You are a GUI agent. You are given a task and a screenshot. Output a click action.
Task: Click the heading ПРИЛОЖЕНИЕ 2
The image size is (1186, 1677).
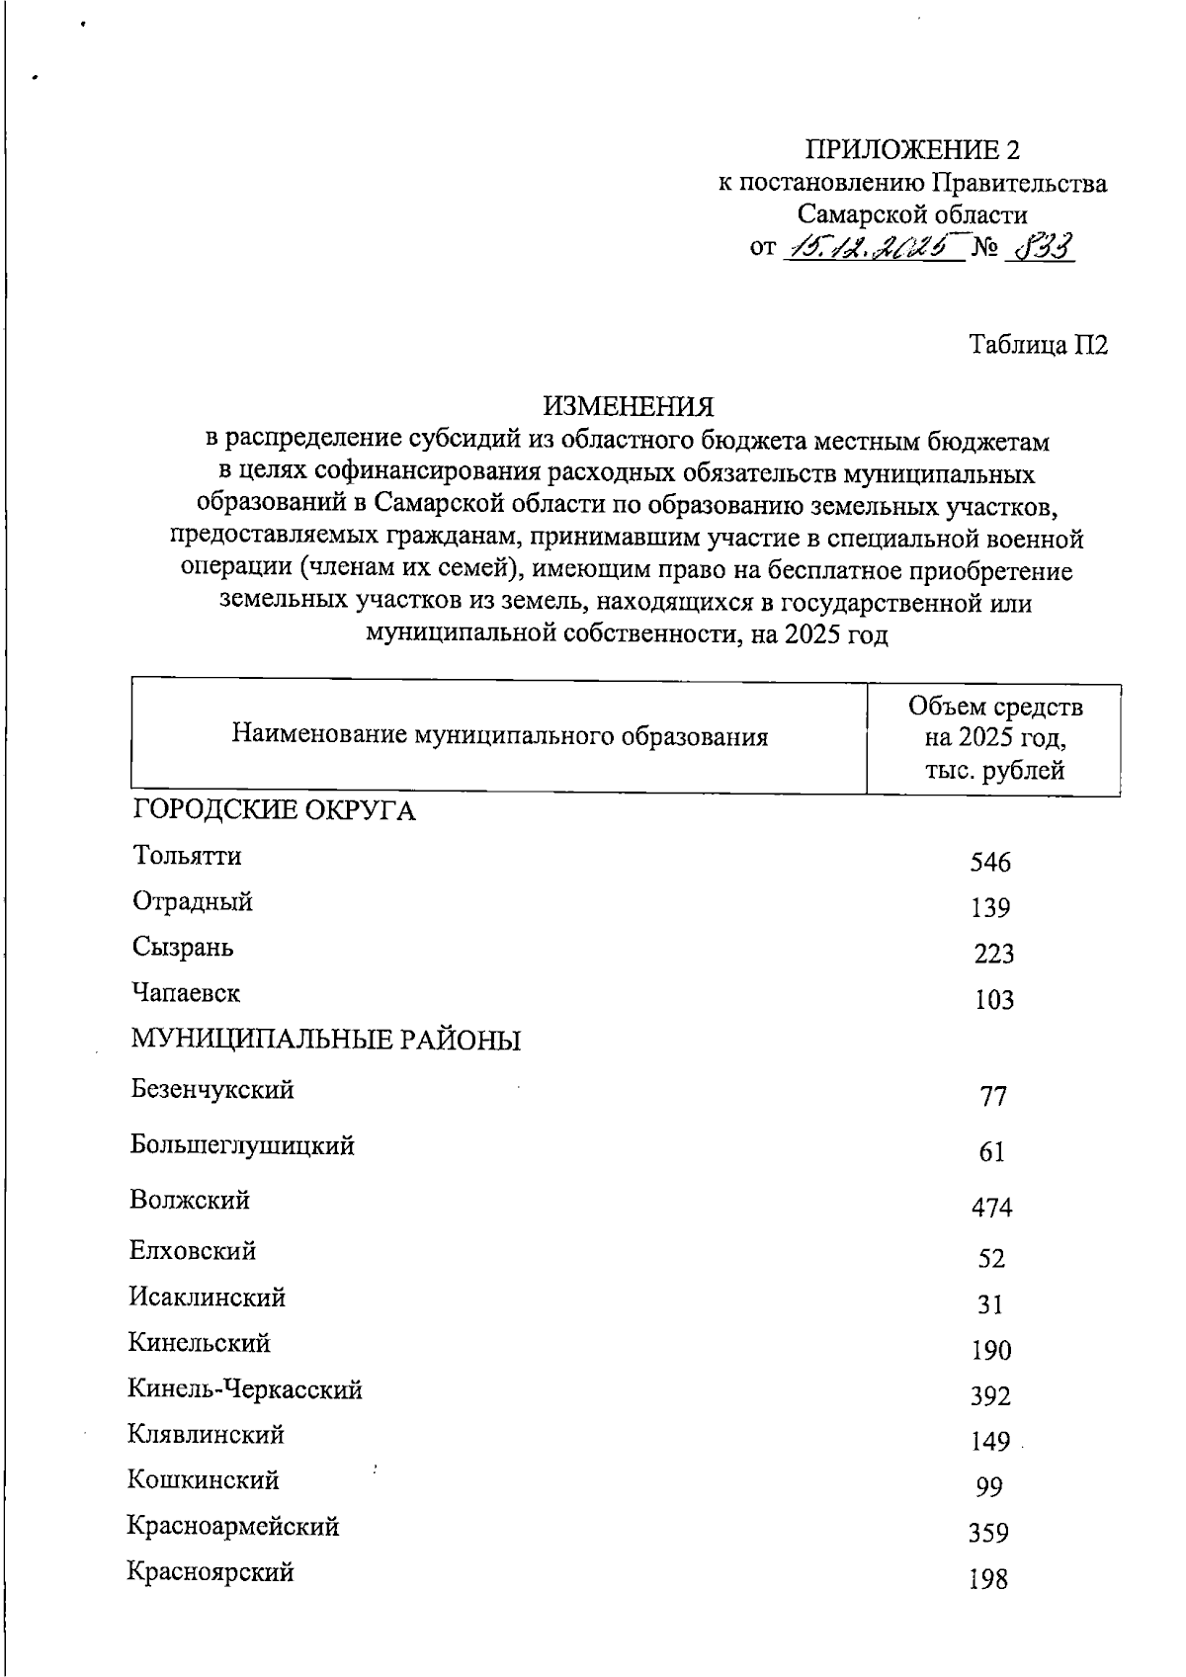[x=912, y=150]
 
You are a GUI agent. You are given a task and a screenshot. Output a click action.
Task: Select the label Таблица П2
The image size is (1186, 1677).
[x=1038, y=345]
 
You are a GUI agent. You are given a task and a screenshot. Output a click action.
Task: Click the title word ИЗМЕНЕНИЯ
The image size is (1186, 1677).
[x=628, y=406]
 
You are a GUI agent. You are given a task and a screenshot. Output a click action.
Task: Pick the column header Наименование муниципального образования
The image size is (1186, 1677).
[x=500, y=736]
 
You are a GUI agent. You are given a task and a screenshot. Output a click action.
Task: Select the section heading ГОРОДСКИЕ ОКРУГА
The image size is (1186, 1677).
[x=274, y=811]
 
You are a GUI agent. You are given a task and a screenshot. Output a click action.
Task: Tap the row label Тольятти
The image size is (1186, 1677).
[x=187, y=856]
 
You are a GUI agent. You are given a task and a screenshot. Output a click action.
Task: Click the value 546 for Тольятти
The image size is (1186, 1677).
[x=990, y=863]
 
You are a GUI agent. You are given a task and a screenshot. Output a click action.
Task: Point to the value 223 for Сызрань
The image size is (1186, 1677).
[x=992, y=954]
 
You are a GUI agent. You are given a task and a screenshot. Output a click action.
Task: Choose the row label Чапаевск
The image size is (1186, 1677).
[x=187, y=992]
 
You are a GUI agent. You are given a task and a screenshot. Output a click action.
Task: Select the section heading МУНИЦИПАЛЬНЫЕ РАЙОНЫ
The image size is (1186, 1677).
[x=326, y=1040]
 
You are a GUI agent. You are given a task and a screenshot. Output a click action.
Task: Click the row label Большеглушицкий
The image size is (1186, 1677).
[x=242, y=1145]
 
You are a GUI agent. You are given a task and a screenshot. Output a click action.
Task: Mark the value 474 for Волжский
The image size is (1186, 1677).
[x=991, y=1208]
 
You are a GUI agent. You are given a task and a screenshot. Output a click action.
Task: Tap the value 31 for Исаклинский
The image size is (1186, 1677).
[x=990, y=1304]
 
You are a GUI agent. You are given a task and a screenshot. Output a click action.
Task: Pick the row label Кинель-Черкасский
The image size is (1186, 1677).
[x=245, y=1389]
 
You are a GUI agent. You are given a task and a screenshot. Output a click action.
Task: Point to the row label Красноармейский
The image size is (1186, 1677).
[x=233, y=1526]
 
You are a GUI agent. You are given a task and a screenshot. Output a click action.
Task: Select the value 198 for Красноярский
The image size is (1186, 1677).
[x=989, y=1579]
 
